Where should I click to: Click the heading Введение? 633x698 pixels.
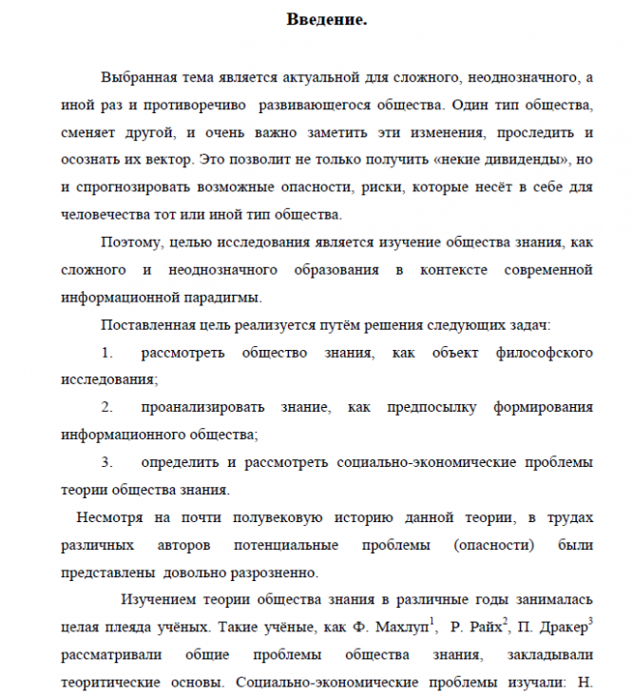click(326, 20)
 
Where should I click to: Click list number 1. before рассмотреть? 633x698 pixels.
click(106, 353)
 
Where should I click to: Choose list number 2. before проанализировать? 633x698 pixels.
click(106, 407)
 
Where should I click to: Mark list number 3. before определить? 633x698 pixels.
click(106, 462)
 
